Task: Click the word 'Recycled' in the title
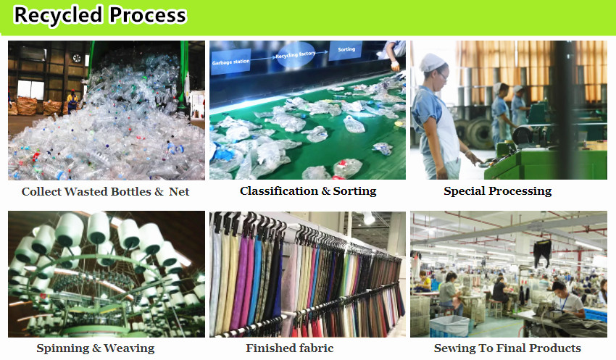(x=58, y=16)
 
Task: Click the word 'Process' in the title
(x=147, y=16)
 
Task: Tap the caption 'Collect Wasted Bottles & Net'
(x=105, y=191)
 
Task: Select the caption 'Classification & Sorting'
(x=308, y=191)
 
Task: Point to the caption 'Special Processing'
(x=498, y=191)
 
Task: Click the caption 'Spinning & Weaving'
(x=96, y=348)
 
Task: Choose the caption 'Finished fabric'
(x=290, y=348)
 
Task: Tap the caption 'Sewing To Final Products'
(x=507, y=348)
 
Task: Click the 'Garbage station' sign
(x=230, y=62)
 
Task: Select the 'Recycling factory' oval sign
(x=296, y=55)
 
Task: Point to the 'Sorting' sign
(x=346, y=49)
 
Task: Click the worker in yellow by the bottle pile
(x=72, y=101)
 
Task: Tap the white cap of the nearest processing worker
(x=432, y=62)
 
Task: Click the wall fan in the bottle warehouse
(x=77, y=59)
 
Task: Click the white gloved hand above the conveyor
(x=395, y=65)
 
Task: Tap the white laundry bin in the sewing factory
(x=449, y=326)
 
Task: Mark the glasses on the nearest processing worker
(x=443, y=75)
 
